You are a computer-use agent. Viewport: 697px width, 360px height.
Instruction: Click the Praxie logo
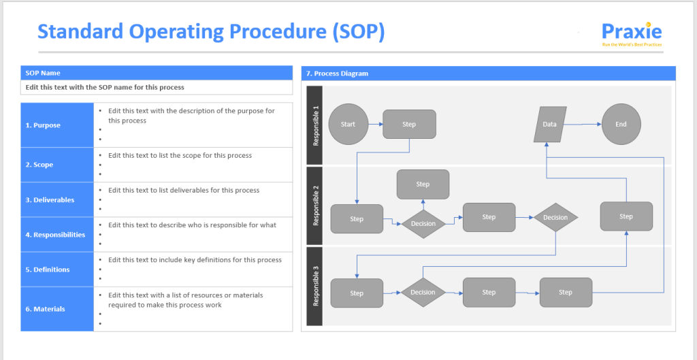[x=632, y=33]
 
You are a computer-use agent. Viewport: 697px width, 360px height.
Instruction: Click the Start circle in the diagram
[x=348, y=125]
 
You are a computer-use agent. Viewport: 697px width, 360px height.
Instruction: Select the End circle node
[x=621, y=125]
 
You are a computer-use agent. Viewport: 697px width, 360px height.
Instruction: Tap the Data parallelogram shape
[x=550, y=125]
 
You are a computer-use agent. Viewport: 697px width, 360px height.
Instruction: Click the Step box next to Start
[x=409, y=125]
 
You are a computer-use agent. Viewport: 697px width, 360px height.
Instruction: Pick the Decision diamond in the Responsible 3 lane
[x=423, y=293]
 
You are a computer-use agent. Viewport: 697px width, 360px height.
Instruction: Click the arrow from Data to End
[x=583, y=125]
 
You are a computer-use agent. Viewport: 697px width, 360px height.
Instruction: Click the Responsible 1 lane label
[x=314, y=125]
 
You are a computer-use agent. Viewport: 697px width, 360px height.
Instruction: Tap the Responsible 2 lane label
[x=314, y=206]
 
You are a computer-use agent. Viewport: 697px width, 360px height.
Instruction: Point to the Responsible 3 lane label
[x=314, y=286]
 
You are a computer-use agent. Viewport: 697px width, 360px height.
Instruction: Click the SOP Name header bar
[x=157, y=73]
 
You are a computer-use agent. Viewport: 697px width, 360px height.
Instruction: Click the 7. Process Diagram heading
[x=488, y=73]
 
